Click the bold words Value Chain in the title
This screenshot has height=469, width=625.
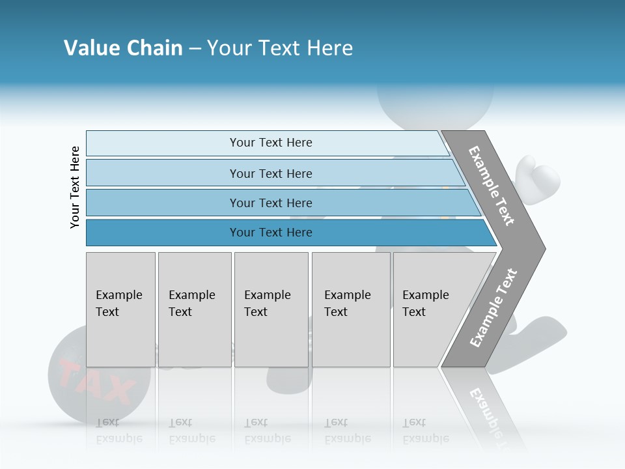click(x=123, y=48)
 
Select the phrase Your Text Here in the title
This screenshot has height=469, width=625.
click(x=280, y=48)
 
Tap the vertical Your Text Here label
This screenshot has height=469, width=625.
click(x=75, y=187)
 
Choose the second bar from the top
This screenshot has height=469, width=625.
click(x=270, y=173)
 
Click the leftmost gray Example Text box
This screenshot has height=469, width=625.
click(x=120, y=309)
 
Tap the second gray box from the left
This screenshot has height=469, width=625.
click(x=195, y=309)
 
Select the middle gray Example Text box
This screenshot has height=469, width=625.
click(x=271, y=309)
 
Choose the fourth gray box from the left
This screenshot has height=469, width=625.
click(x=351, y=309)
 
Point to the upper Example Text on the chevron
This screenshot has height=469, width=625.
click(x=492, y=186)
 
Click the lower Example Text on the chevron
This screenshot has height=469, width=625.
click(x=493, y=308)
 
